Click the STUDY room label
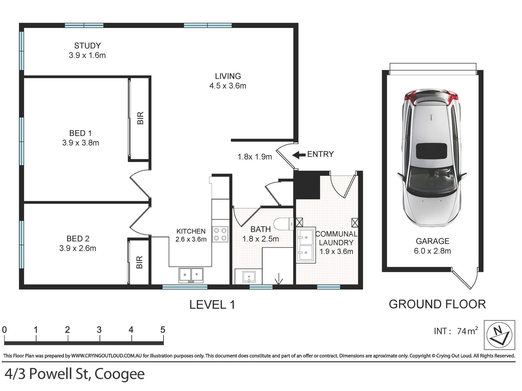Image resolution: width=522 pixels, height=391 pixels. coord(88,46)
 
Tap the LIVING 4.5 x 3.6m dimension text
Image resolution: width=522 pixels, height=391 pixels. coord(228,86)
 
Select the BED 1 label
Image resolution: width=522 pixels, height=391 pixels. coord(80,133)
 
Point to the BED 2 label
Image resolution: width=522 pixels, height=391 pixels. coord(78,239)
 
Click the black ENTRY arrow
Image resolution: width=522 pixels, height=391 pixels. coord(299,155)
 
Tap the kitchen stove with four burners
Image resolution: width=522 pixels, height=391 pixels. coord(220,234)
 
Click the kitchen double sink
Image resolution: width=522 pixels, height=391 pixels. coord(191,275)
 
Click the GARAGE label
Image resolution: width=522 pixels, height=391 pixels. coord(433,241)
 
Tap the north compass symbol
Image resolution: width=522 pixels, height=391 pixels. coord(499,335)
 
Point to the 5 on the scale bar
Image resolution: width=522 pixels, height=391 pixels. coord(163,330)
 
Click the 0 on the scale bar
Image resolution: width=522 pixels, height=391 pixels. coord(4,330)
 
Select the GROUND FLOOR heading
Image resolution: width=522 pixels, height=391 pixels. coord(437,304)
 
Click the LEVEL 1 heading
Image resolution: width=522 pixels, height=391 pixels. coord(212,305)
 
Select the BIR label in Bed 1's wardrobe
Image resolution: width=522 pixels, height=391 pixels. coord(140,118)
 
